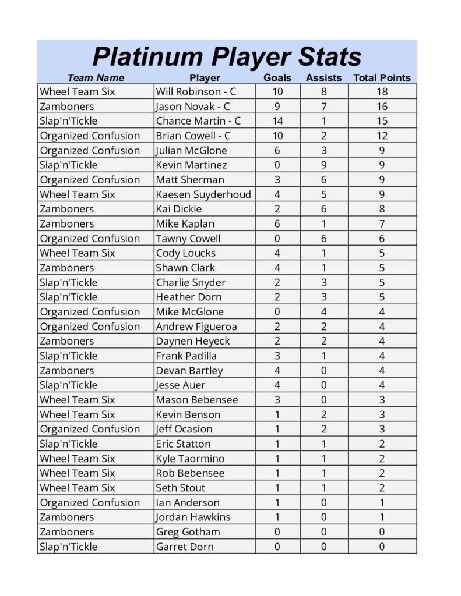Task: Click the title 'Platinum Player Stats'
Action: point(227,57)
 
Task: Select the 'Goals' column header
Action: point(277,78)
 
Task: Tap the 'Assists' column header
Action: point(323,78)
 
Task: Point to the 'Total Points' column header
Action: point(382,78)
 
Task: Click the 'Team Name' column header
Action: point(96,78)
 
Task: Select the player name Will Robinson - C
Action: point(196,92)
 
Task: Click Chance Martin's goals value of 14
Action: point(277,121)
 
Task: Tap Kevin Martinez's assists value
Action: point(324,165)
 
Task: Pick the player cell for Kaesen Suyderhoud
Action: point(203,194)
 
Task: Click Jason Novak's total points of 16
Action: point(382,107)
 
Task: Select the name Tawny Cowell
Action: point(188,238)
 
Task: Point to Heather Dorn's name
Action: point(189,297)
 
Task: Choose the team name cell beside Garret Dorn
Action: point(69,547)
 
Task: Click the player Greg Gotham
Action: point(188,532)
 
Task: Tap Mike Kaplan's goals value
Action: point(277,223)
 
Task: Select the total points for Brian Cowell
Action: point(382,136)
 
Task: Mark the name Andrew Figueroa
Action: point(196,327)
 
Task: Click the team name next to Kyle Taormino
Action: point(78,459)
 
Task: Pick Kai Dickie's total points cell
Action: point(382,209)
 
